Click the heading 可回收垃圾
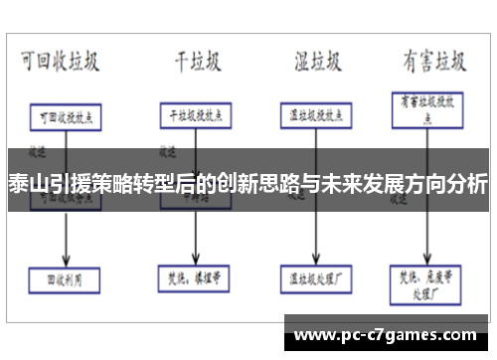click(x=61, y=62)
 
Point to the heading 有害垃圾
click(x=434, y=62)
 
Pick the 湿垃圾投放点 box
click(x=315, y=114)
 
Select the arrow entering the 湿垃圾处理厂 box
click(x=315, y=254)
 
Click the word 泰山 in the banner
click(x=25, y=184)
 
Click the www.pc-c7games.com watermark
click(x=388, y=333)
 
